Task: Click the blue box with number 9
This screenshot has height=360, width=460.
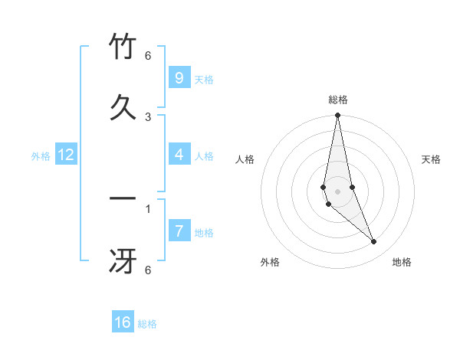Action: [179, 77]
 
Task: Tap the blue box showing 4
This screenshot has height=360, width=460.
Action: [179, 155]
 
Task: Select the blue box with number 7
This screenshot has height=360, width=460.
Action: [179, 231]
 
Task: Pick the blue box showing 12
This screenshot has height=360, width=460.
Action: [66, 155]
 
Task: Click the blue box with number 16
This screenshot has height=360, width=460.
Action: [123, 322]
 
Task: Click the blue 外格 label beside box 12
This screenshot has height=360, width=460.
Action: [41, 156]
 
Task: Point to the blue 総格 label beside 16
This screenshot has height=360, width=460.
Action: [147, 324]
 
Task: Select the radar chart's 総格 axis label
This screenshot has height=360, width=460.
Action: [338, 100]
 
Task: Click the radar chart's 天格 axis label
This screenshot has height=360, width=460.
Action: [432, 159]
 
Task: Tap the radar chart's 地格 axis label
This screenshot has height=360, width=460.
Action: [402, 262]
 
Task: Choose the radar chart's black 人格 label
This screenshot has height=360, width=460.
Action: [245, 159]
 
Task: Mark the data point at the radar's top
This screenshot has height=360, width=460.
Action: [337, 116]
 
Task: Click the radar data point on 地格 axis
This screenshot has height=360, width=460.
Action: [374, 242]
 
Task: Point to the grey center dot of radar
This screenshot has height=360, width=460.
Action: [337, 191]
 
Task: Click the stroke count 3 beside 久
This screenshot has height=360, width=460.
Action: [148, 116]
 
